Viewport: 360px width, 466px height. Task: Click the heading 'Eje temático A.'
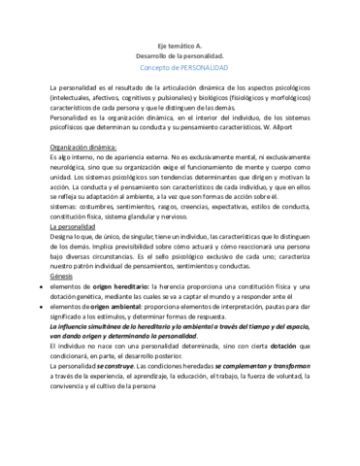[x=180, y=46]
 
